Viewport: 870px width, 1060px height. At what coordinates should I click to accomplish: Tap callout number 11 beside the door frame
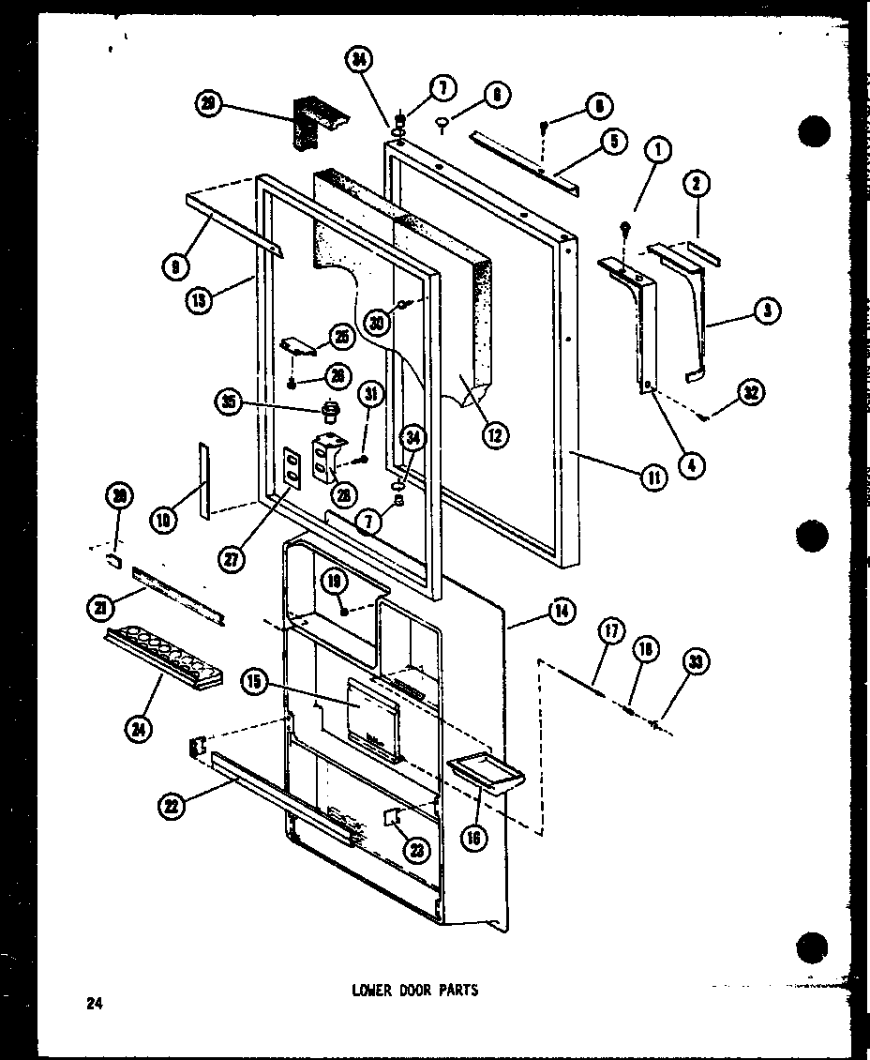(653, 477)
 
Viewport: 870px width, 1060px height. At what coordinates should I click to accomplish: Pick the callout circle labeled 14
(561, 612)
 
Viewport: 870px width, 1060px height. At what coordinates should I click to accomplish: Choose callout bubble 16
(474, 838)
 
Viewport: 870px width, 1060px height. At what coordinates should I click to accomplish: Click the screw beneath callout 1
(625, 225)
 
